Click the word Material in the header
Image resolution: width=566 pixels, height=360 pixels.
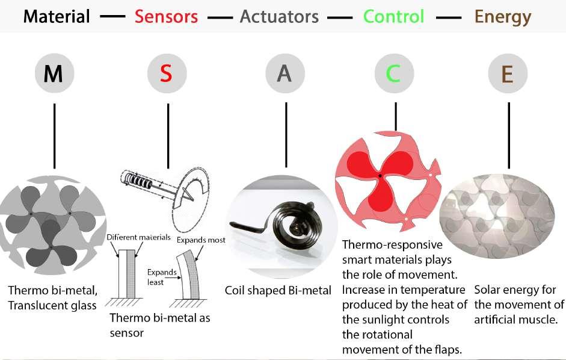58,16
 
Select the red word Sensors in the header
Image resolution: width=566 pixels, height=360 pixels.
166,16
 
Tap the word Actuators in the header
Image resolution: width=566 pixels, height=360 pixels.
279,16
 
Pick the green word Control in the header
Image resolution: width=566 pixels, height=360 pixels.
394,16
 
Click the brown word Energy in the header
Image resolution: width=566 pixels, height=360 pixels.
503,16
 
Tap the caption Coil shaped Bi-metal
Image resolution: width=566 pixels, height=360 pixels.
278,291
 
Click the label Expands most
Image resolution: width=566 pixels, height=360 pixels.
201,240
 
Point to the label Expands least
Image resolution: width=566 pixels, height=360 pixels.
161,276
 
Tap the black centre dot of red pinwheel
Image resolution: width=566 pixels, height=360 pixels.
380,176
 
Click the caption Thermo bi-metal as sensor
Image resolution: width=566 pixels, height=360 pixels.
159,324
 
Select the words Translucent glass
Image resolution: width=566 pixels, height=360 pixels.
52,305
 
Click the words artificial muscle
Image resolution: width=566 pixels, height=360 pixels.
515,319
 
